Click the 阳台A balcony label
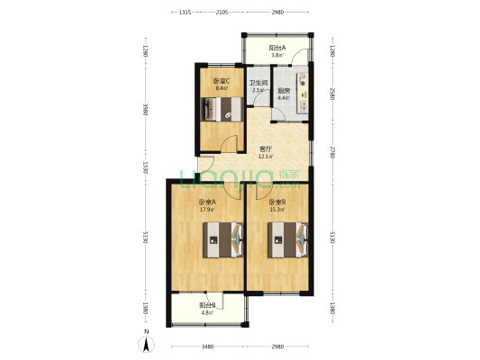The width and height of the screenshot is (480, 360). [x=277, y=48]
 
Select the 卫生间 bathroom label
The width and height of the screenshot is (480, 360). [x=258, y=84]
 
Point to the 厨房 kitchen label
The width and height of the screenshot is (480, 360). [x=283, y=89]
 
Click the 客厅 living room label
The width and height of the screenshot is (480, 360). [x=266, y=149]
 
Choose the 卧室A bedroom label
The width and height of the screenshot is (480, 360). [x=207, y=202]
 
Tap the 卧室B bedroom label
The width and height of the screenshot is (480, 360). [x=276, y=202]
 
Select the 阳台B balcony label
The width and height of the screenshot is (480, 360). [x=208, y=305]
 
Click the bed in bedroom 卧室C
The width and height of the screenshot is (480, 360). [x=220, y=110]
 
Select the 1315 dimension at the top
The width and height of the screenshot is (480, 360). [x=184, y=13]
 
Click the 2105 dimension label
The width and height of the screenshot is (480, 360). [x=222, y=13]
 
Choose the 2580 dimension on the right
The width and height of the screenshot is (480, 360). [x=332, y=94]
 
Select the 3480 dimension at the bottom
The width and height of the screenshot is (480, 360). [x=208, y=347]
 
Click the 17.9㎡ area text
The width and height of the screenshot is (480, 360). [x=207, y=209]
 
